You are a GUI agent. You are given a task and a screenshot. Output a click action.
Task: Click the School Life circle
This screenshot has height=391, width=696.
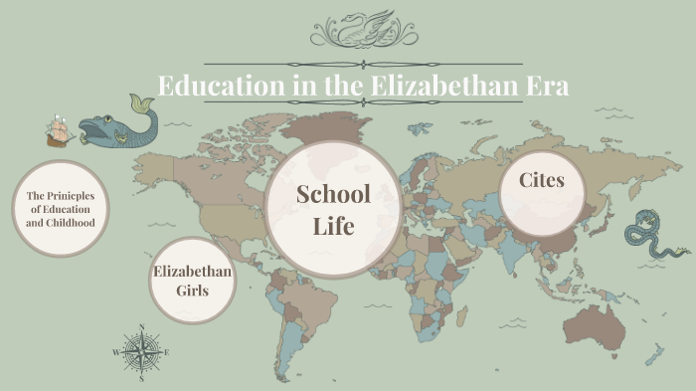tap(333, 209)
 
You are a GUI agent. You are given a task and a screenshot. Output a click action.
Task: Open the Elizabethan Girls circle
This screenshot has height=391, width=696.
tap(193, 282)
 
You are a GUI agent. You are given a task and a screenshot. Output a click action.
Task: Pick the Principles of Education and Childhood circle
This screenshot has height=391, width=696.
tap(61, 209)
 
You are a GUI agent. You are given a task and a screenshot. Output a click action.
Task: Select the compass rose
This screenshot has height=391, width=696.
tap(142, 352)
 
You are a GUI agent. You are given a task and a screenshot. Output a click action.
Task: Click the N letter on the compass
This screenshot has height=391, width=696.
tap(142, 327)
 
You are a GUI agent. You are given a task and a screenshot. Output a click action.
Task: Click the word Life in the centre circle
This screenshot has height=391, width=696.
tap(333, 226)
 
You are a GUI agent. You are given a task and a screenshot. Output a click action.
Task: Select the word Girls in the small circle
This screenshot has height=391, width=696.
tap(193, 291)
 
